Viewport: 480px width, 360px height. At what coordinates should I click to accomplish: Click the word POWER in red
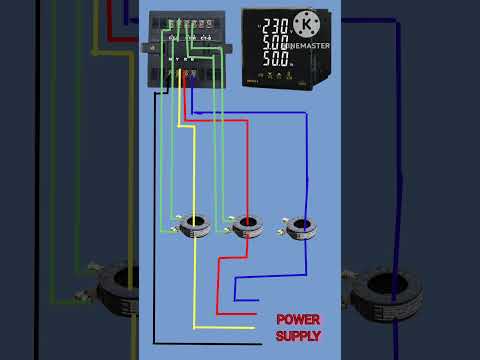click(298, 319)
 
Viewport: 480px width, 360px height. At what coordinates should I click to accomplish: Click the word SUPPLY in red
click(298, 336)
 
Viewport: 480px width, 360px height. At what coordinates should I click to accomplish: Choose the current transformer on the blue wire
click(301, 228)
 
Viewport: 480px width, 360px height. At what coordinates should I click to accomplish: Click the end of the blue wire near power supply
click(258, 299)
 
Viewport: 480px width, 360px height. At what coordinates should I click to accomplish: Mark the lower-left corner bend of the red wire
click(218, 314)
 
